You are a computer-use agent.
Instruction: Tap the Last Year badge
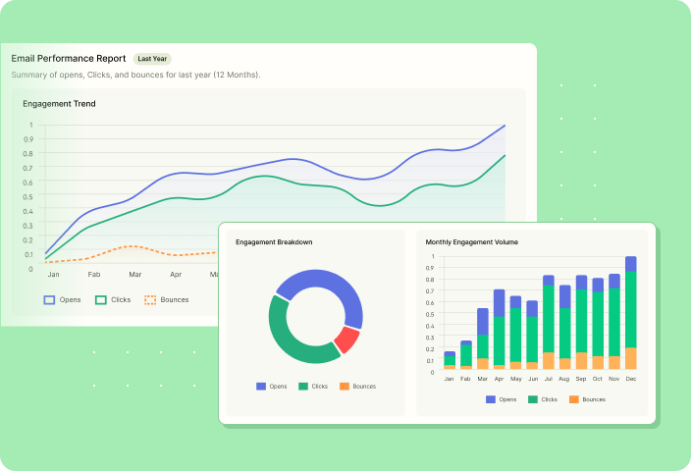(x=152, y=59)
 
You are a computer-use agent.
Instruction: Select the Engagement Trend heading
(x=60, y=103)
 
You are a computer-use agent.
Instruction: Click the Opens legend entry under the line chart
(x=63, y=299)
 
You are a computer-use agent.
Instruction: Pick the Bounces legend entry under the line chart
(x=166, y=299)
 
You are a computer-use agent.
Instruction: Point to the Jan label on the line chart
(x=53, y=275)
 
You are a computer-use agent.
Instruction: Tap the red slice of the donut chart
(x=345, y=340)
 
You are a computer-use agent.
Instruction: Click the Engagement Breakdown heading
(x=274, y=241)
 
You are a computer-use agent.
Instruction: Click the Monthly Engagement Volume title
(x=472, y=241)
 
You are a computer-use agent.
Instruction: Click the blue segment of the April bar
(x=500, y=302)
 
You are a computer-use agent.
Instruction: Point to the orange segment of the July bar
(x=549, y=360)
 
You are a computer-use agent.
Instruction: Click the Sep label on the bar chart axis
(x=581, y=378)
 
